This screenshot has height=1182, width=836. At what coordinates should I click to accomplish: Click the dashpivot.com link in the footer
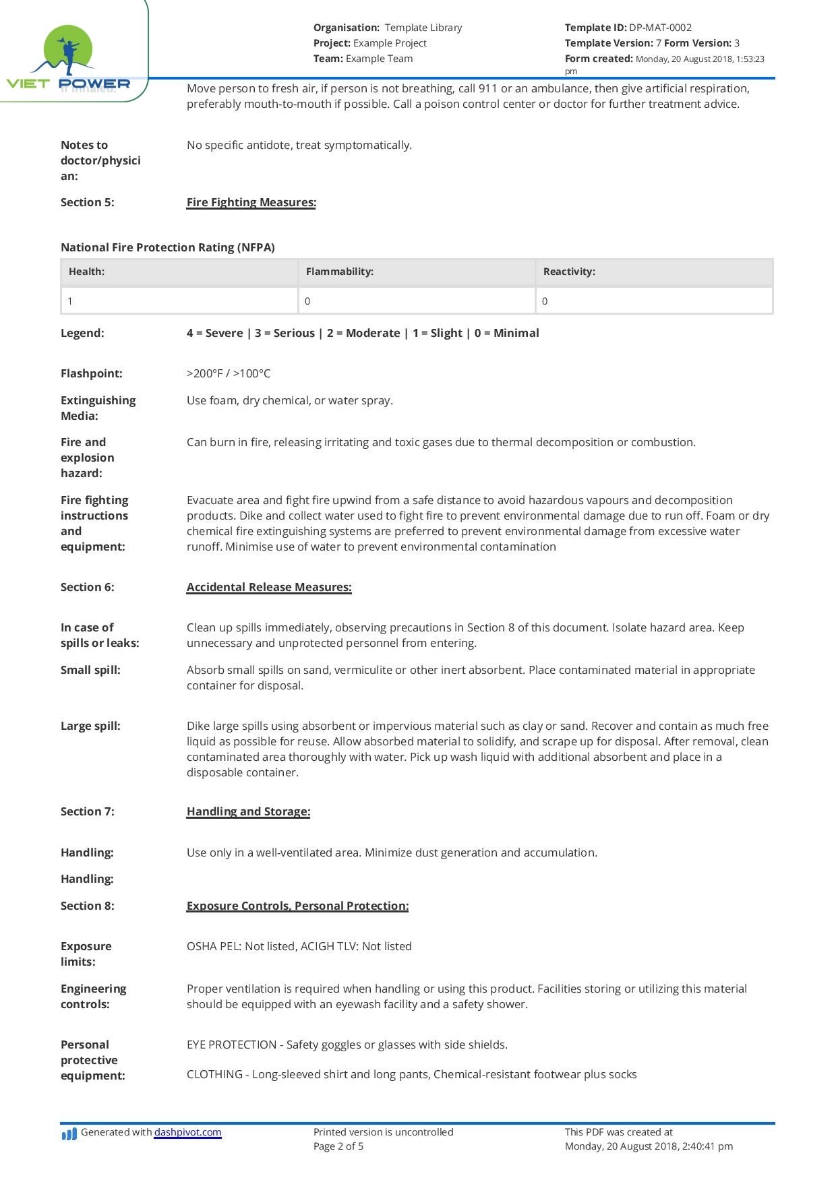pyautogui.click(x=187, y=1132)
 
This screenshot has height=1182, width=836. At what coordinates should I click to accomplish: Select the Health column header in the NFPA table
pyautogui.click(x=86, y=272)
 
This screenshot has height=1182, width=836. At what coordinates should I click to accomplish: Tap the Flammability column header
pyautogui.click(x=339, y=272)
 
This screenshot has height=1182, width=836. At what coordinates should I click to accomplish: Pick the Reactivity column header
pyautogui.click(x=569, y=272)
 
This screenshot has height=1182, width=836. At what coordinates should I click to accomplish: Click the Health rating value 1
pyautogui.click(x=70, y=301)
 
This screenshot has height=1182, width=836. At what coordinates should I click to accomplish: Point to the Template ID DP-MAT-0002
pyautogui.click(x=660, y=28)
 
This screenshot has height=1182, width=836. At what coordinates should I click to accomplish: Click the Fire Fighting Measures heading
pyautogui.click(x=251, y=202)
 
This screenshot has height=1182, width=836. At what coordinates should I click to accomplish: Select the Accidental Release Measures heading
pyautogui.click(x=268, y=587)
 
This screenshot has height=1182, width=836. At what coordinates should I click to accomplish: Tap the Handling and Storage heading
pyautogui.click(x=248, y=811)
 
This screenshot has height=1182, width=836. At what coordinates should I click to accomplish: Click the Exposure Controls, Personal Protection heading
pyautogui.click(x=297, y=906)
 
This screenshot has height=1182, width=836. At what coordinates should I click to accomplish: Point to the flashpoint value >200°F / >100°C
pyautogui.click(x=229, y=373)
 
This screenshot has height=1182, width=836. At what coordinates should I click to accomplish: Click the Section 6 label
pyautogui.click(x=88, y=587)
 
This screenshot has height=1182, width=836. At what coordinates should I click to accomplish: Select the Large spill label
pyautogui.click(x=90, y=726)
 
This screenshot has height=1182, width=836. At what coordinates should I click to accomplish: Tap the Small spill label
pyautogui.click(x=90, y=670)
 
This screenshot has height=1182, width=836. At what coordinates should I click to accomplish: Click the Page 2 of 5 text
pyautogui.click(x=338, y=1146)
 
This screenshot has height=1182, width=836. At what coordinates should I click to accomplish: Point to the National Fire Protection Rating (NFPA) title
pyautogui.click(x=168, y=247)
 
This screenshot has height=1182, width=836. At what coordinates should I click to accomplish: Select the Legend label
pyautogui.click(x=82, y=333)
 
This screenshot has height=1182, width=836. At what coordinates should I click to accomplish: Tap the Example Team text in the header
pyautogui.click(x=379, y=59)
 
